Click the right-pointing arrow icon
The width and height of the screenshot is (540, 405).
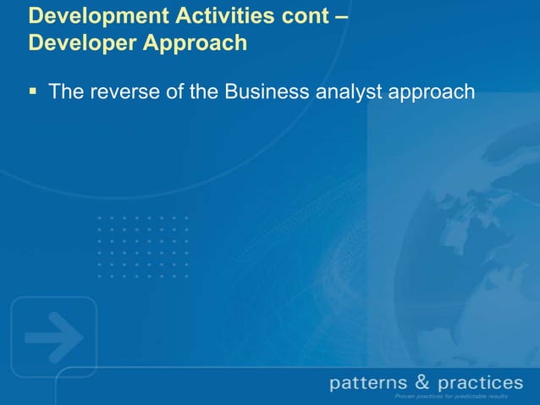point(52,337)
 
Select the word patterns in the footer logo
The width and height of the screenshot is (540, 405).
point(367,383)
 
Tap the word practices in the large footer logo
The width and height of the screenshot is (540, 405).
point(480,383)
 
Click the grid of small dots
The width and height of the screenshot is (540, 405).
point(141,247)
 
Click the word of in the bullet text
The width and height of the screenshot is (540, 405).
point(174,92)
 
